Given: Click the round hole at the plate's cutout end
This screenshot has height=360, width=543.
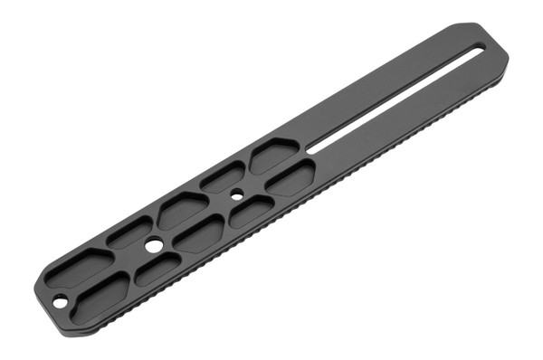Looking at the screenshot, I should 60,300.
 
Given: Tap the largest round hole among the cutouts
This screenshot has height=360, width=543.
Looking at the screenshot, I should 153,245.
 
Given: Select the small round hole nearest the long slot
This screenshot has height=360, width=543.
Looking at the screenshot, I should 235,194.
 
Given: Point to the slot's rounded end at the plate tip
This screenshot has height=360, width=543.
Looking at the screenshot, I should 478,47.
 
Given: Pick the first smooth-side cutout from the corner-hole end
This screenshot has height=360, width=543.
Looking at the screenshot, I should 80,267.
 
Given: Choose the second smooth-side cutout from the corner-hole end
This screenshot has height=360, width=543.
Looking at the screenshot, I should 129,232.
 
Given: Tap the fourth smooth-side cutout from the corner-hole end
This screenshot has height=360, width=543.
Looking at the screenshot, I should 222,176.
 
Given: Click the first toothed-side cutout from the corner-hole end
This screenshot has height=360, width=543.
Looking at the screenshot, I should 101,295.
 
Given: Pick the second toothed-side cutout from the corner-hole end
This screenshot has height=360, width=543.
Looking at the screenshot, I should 157,269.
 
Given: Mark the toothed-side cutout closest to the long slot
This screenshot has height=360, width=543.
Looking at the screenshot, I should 291,178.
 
